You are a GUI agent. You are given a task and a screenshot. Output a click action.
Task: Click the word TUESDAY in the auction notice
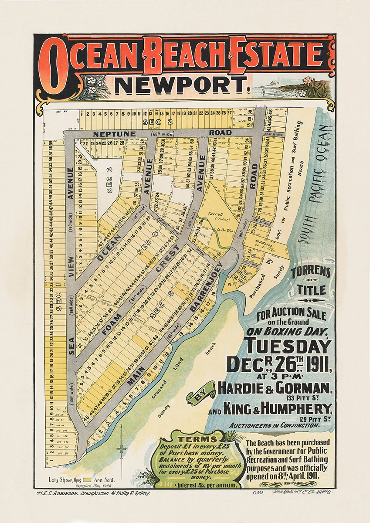pos(288,347)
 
